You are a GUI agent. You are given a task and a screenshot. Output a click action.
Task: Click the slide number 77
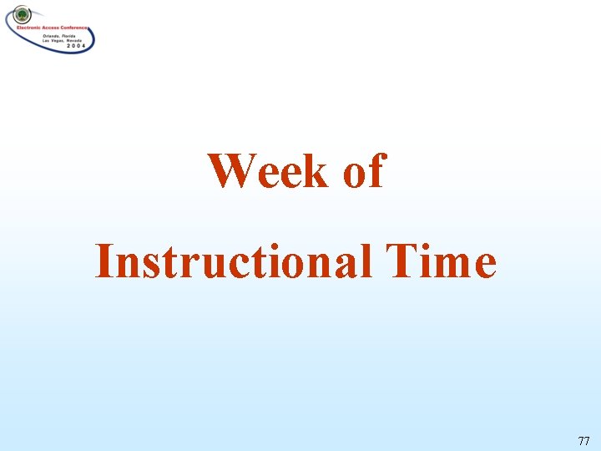[x=583, y=439]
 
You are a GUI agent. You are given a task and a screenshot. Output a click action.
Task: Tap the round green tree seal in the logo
[x=21, y=14]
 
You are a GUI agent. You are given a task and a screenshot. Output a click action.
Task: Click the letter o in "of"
[x=354, y=175]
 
